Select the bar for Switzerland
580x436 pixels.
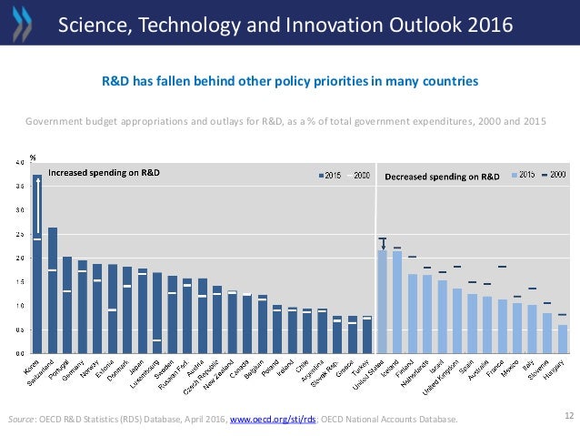tap(53, 290)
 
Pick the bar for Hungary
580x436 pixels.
tap(563, 339)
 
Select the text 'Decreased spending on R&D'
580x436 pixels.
tap(442, 176)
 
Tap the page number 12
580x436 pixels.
tap(569, 415)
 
